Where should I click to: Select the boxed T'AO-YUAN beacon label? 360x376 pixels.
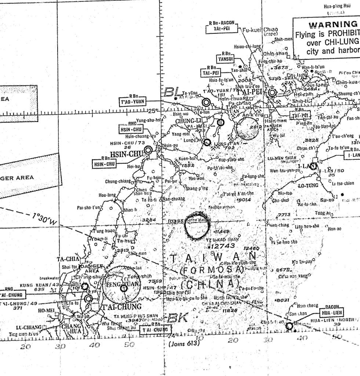point(132,102)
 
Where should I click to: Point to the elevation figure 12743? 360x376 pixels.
point(223,246)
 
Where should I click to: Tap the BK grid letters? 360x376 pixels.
point(178,318)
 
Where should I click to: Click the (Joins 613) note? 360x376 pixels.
point(183,344)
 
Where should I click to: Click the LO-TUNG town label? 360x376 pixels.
point(308,185)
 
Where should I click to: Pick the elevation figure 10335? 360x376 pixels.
point(175,221)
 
